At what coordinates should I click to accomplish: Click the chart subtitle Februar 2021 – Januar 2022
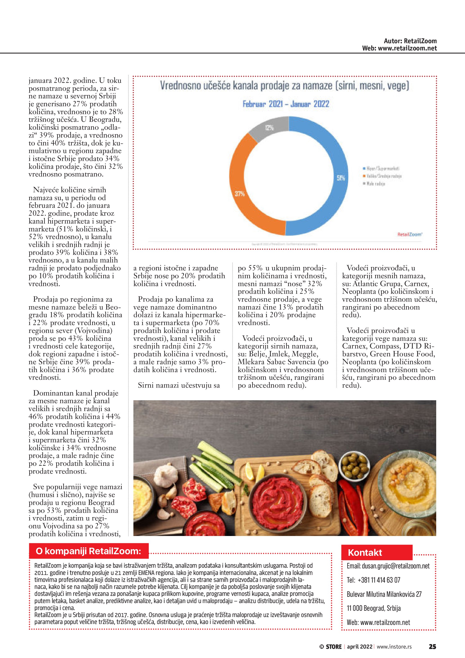point(286,104)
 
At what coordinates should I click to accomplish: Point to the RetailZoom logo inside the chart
point(410,234)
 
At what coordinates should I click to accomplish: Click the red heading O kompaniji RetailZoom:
point(88,551)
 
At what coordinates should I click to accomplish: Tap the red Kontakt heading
point(365,553)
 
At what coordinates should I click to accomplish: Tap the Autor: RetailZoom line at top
point(410,41)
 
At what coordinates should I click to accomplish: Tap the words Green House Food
point(402,354)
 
